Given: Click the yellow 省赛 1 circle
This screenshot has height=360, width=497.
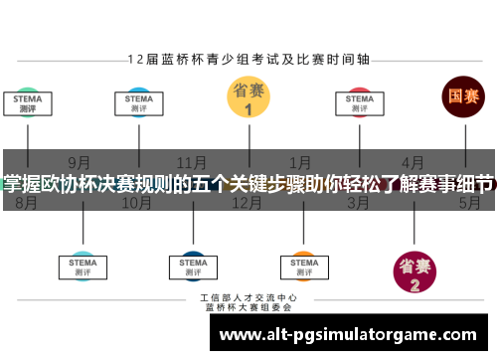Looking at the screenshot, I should pyautogui.click(x=248, y=98).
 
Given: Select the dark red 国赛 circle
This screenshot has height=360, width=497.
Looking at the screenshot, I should pyautogui.click(x=462, y=97).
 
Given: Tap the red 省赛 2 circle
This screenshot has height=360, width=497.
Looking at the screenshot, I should pyautogui.click(x=414, y=272).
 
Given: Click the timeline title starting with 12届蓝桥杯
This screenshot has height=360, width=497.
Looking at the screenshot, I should pyautogui.click(x=248, y=59).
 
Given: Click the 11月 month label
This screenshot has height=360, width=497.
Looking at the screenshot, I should pyautogui.click(x=192, y=162).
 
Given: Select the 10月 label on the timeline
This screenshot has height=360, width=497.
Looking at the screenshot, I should pyautogui.click(x=136, y=202).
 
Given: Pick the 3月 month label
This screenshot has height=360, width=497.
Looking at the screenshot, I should pyautogui.click(x=358, y=202).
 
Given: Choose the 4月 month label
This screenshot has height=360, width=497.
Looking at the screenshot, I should pyautogui.click(x=413, y=162).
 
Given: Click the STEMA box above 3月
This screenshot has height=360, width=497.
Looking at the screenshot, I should pyautogui.click(x=359, y=102).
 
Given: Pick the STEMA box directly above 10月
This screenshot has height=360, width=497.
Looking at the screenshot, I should pyautogui.click(x=137, y=102).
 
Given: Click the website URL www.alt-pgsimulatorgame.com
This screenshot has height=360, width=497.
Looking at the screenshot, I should pyautogui.click(x=354, y=335).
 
